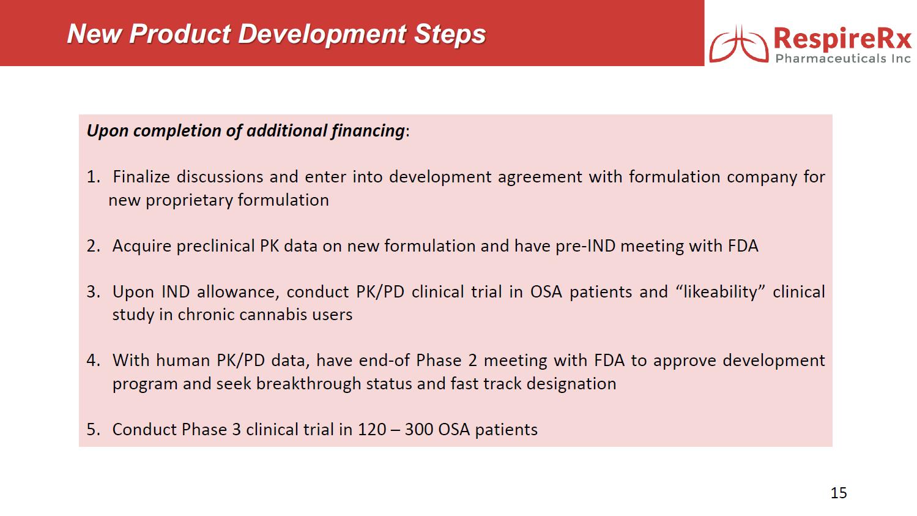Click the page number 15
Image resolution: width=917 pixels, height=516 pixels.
click(x=839, y=493)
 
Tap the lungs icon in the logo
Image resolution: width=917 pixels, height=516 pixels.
click(x=738, y=44)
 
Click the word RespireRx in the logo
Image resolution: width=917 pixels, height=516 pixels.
click(x=843, y=39)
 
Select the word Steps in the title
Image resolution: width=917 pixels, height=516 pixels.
click(x=450, y=34)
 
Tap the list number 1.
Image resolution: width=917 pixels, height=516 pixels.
click(x=94, y=177)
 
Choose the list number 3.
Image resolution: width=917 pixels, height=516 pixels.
click(x=94, y=292)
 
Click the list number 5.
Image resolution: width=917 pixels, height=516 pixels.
click(x=94, y=430)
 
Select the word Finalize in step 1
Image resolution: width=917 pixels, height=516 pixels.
click(x=141, y=177)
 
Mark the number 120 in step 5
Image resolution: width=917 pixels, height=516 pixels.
click(x=372, y=430)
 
